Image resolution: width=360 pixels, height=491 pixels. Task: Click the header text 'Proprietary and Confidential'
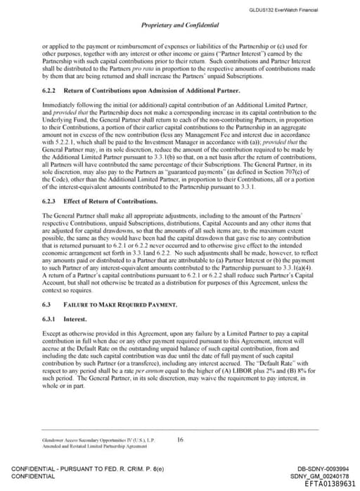pyautogui.click(x=179, y=25)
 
